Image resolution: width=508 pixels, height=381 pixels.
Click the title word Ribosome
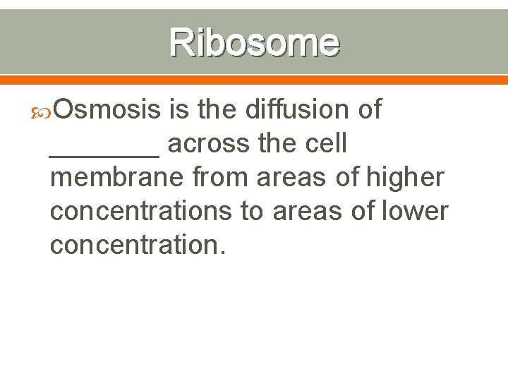click(x=255, y=42)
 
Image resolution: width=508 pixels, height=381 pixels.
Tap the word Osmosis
click(x=109, y=109)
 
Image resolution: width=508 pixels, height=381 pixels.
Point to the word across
click(x=210, y=144)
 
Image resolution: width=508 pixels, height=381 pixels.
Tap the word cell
click(x=325, y=144)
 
